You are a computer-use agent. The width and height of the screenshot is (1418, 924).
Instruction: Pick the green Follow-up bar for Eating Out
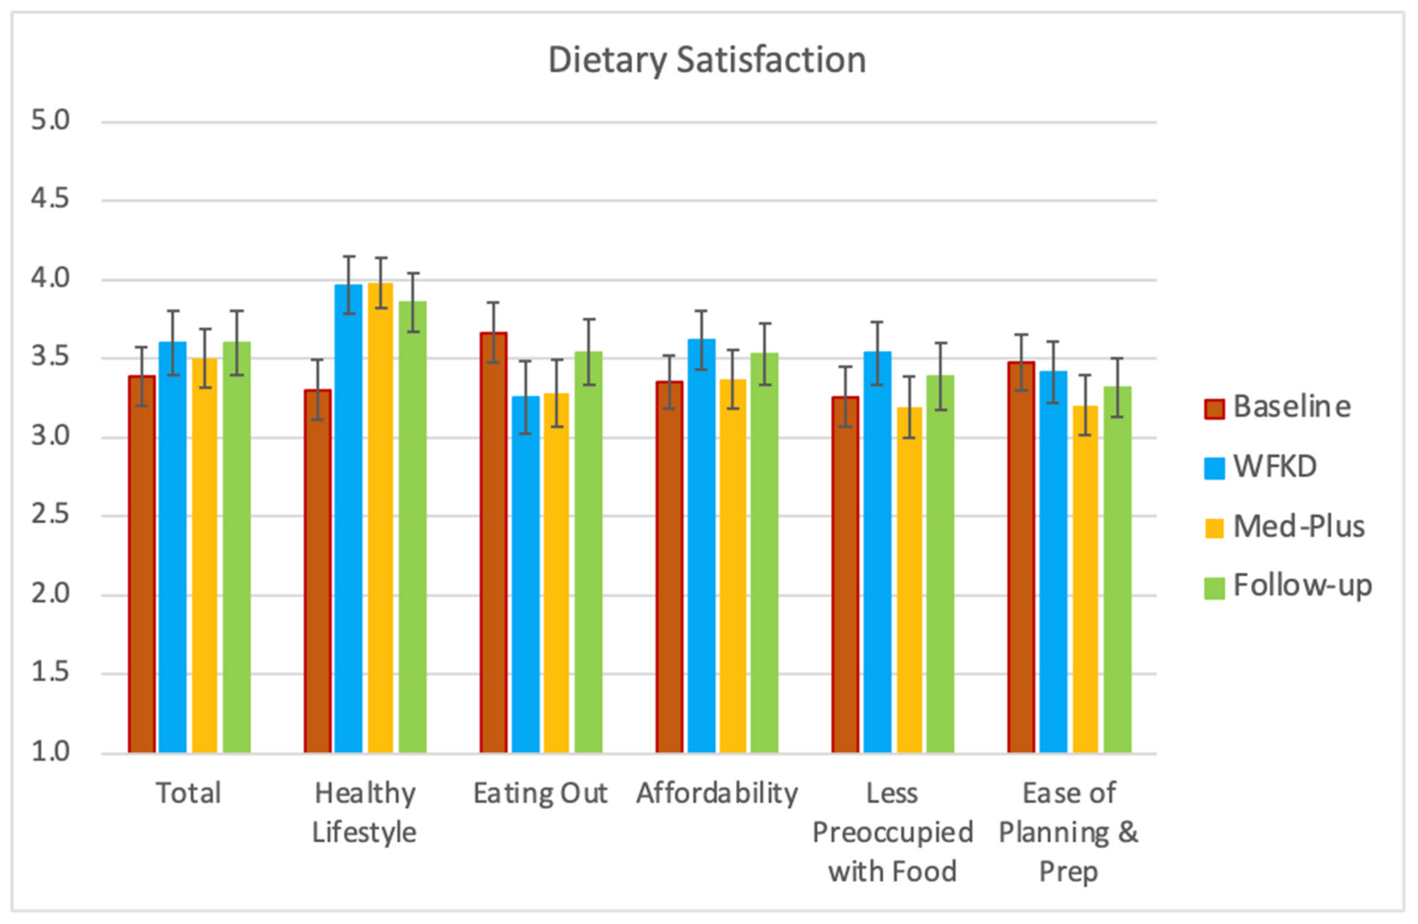(x=589, y=552)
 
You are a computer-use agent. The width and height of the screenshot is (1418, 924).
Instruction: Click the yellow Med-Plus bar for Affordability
(x=733, y=566)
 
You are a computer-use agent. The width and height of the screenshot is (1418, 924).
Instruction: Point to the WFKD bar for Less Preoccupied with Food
(x=878, y=552)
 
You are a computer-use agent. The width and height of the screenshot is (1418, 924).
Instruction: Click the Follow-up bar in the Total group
(x=237, y=548)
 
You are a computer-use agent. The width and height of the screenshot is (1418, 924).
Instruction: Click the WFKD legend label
(x=1275, y=467)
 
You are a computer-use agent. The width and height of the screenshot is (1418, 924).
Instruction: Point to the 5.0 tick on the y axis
(x=51, y=121)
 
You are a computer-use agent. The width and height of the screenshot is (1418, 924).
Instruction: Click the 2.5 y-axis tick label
(x=51, y=515)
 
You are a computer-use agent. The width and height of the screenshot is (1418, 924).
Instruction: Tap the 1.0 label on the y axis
(x=51, y=752)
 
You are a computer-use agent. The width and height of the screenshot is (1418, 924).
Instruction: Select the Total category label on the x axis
(x=188, y=793)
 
